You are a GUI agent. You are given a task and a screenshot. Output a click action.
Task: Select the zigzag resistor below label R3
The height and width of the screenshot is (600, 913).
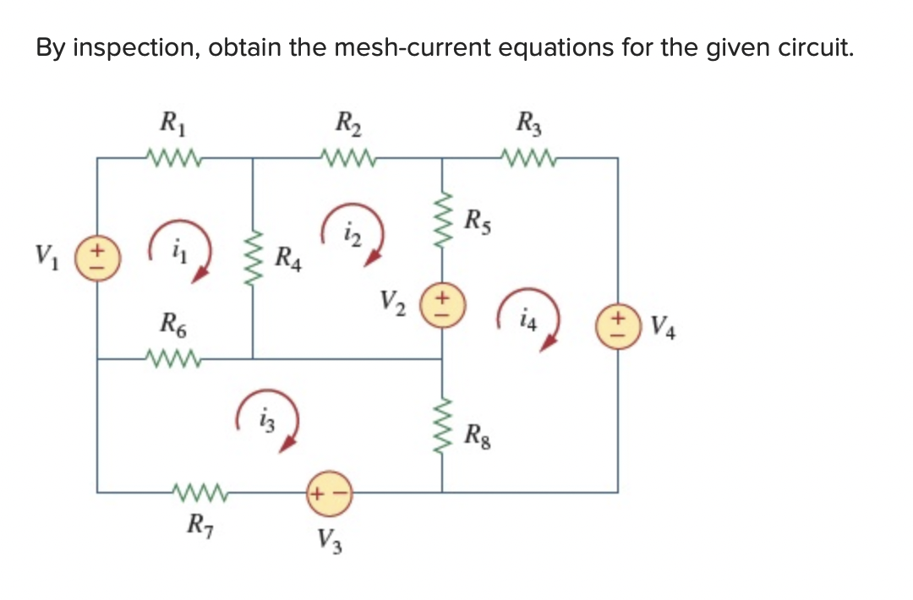pos(528,156)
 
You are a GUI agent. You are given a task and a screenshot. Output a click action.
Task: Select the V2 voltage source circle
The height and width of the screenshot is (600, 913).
pos(442,302)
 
